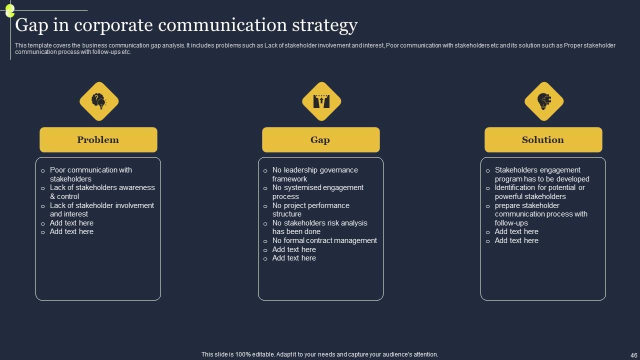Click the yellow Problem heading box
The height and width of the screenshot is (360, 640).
pos(98,140)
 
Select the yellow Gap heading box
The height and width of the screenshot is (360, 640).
pos(320,140)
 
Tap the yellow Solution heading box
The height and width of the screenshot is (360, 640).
pos(543,140)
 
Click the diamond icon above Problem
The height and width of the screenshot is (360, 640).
pos(99,101)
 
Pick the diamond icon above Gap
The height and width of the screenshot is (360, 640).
pos(321,101)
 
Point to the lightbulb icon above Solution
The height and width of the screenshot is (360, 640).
pos(544,101)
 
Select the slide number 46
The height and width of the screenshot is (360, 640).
pos(633,354)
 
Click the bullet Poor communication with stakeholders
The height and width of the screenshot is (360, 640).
pos(90,174)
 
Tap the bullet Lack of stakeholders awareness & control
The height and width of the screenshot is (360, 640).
pos(102,192)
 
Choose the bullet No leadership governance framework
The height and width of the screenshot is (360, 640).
pos(315,174)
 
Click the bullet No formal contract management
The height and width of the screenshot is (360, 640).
pos(324,240)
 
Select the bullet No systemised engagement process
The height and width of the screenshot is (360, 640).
pos(317,192)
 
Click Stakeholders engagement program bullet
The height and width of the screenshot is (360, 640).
pos(542,174)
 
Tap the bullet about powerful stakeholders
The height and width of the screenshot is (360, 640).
pos(539,192)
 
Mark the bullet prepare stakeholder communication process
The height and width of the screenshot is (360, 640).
pos(541,214)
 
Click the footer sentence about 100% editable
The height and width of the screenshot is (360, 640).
pos(320,354)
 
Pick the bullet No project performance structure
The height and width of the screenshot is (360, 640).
pos(310,209)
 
